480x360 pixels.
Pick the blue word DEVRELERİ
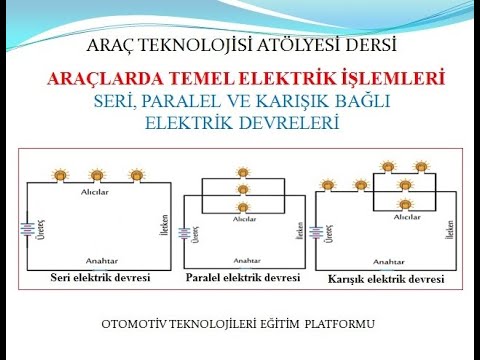point(293,124)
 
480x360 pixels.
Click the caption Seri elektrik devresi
point(99,276)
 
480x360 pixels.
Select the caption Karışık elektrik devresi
point(387,278)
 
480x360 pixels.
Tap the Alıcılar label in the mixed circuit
point(406,215)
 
